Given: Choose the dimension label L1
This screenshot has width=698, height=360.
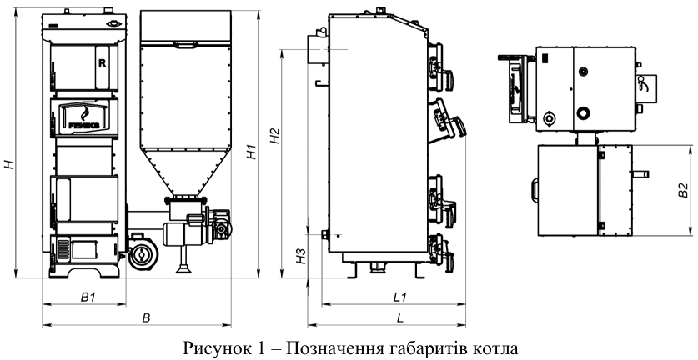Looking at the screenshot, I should pyautogui.click(x=399, y=297).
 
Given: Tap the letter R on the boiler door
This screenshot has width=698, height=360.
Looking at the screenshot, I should pyautogui.click(x=102, y=62).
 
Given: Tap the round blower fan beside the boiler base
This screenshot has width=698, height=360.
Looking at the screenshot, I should pyautogui.click(x=142, y=255).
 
